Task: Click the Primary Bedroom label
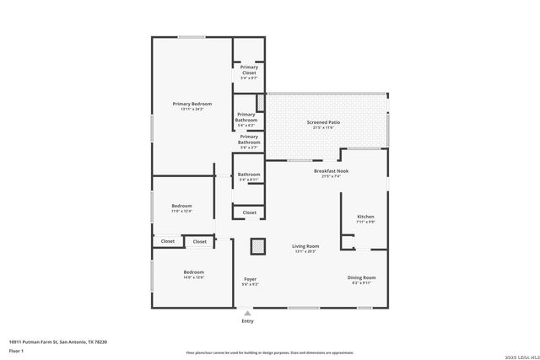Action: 192,105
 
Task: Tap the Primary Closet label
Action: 249,70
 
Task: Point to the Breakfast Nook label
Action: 331,171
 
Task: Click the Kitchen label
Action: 365,217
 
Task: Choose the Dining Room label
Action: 361,277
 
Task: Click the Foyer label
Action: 251,279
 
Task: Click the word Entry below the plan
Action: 247,321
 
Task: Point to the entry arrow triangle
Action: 247,312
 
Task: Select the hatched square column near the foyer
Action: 257,246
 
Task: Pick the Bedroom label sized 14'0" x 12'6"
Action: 194,272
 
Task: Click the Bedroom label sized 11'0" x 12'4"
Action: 181,207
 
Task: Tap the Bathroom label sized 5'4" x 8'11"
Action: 249,175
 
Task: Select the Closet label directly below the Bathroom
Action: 249,212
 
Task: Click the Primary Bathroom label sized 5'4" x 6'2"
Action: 246,117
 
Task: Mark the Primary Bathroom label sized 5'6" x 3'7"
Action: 249,139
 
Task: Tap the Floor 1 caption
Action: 16,350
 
